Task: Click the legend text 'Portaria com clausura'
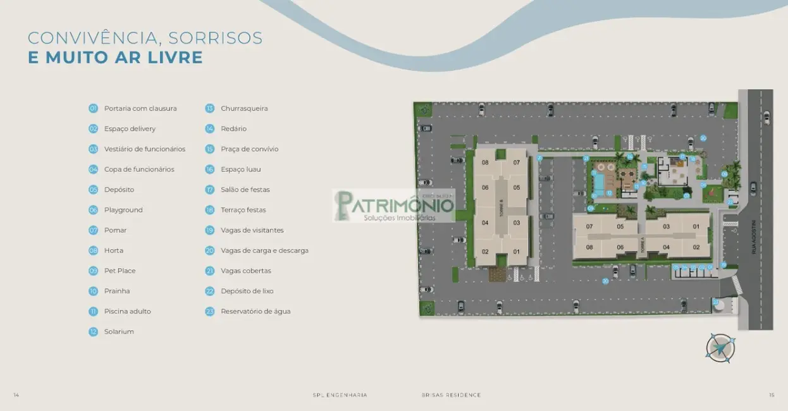(140, 108)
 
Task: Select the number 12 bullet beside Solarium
(93, 331)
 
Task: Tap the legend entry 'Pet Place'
(120, 271)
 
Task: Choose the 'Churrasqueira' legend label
(244, 108)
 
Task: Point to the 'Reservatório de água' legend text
(255, 311)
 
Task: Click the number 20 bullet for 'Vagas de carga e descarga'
(210, 250)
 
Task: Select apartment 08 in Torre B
(485, 163)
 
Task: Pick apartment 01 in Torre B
(516, 252)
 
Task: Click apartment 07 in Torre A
(589, 226)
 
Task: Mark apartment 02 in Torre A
(696, 247)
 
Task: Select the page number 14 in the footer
(16, 395)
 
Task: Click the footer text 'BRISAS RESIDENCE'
(451, 395)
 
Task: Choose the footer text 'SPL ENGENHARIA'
(340, 395)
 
